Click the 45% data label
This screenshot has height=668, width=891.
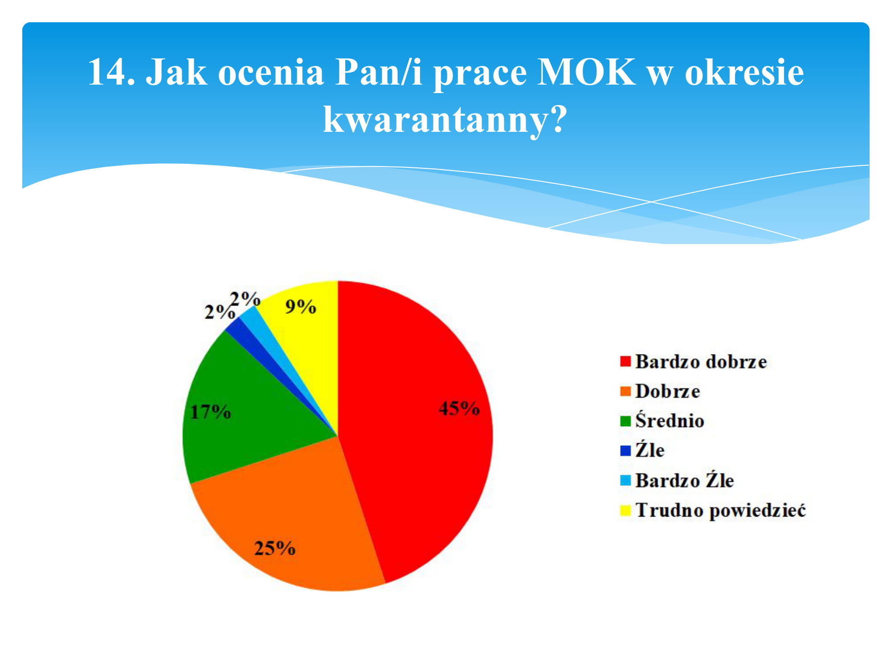tap(459, 408)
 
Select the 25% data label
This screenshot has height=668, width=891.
tap(275, 548)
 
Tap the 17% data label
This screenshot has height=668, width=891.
tap(211, 412)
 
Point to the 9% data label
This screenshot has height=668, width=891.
tap(301, 307)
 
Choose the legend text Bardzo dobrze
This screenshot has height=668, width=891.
tap(701, 362)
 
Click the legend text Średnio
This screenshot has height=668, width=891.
tap(670, 420)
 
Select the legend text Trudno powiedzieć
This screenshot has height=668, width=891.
tap(721, 510)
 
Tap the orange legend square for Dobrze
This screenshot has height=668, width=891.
tap(625, 391)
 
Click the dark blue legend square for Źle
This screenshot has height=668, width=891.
tap(625, 451)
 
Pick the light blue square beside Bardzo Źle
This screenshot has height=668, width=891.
tap(625, 481)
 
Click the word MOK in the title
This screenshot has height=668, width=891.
tap(586, 72)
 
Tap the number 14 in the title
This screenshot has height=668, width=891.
tap(106, 72)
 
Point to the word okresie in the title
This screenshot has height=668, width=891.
tap(744, 72)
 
